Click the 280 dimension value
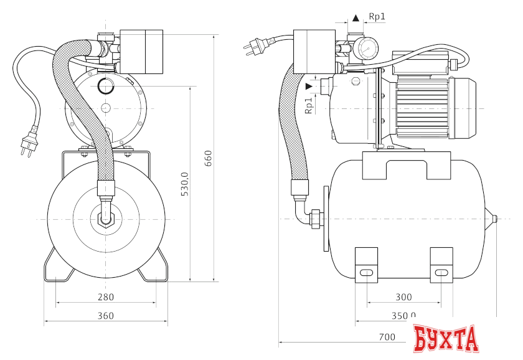point(106,296)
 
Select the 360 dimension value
point(106,316)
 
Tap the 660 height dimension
point(208,158)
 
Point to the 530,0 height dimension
point(185,184)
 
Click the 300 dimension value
point(403,296)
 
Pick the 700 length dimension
point(387,337)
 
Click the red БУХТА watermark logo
point(446,338)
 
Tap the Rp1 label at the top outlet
point(377,16)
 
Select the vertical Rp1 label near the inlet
point(309,106)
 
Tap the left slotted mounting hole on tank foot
point(366,273)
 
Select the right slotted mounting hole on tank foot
point(441,273)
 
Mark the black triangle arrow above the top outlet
point(356,18)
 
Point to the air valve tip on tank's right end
point(495,219)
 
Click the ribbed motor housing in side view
point(422,108)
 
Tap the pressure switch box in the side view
point(314,52)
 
